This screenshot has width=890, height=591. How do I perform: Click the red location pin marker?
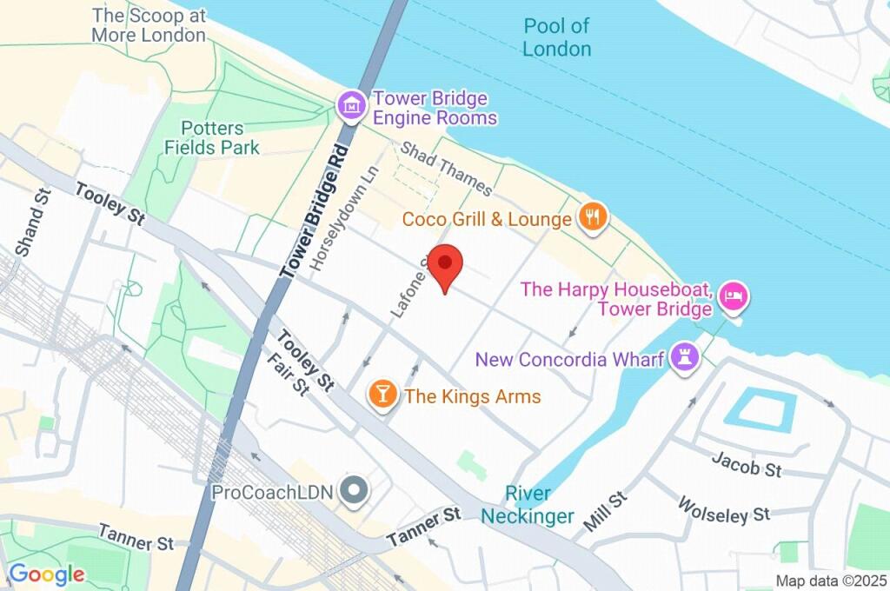pos(447,266)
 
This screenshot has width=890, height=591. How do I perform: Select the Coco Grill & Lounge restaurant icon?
pos(594,216)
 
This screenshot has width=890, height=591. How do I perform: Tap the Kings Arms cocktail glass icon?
pos(382,395)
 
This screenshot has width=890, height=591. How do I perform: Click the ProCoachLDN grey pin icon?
pos(354,491)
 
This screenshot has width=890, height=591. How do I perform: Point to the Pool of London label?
pos(557,37)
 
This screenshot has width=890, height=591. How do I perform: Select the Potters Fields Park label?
pos(212,138)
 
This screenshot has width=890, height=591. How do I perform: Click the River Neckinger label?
pos(528,505)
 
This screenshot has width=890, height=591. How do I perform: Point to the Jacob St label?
pos(746,465)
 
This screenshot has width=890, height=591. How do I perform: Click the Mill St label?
pos(605,512)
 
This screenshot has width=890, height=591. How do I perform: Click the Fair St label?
pos(288,374)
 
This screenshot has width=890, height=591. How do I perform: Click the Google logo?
pos(46,574)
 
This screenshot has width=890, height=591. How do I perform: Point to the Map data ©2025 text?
pos(831,581)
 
